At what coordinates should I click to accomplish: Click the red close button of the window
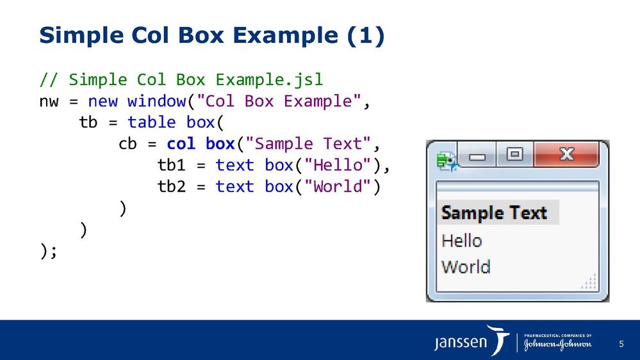point(566,154)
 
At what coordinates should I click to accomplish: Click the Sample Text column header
point(494,213)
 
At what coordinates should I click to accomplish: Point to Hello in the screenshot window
point(461,241)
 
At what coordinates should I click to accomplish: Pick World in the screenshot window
point(466,266)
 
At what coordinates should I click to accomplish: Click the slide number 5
point(621,345)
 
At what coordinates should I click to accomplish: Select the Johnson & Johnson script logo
point(557,345)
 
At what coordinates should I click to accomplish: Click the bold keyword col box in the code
point(201,144)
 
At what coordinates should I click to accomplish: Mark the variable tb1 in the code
point(171,165)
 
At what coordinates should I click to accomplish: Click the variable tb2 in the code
point(171,186)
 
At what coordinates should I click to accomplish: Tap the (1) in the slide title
point(366,36)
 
